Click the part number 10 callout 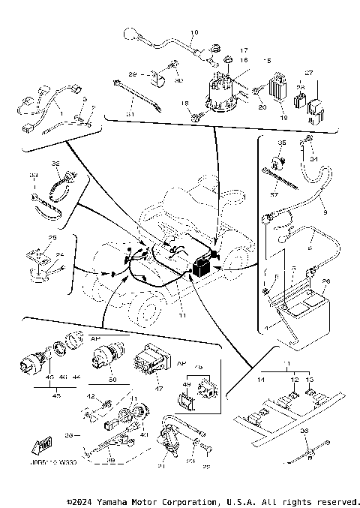click(x=193, y=33)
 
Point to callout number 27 click(x=307, y=74)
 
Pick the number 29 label click(x=132, y=75)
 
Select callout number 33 click(x=32, y=175)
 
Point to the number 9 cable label click(x=325, y=212)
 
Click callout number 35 click(x=283, y=142)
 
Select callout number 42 click(x=89, y=396)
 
